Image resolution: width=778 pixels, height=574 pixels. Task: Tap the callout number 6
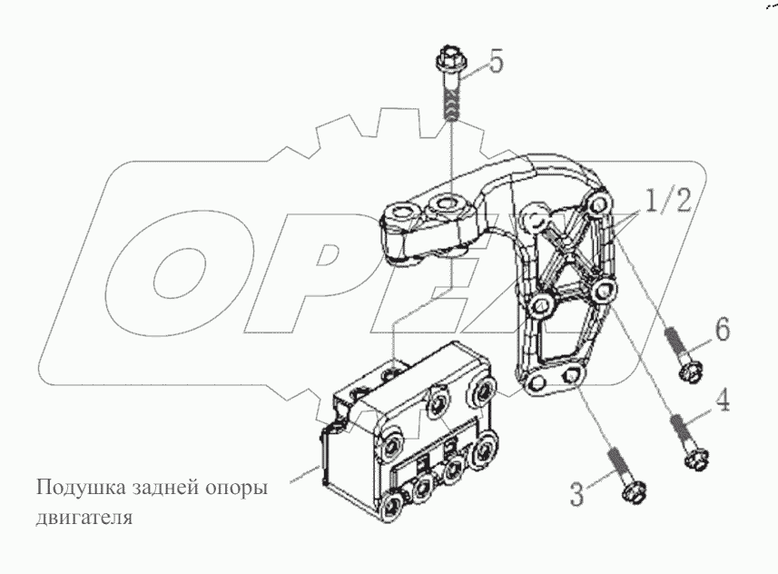(x=722, y=330)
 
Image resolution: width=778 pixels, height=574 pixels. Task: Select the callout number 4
(x=721, y=401)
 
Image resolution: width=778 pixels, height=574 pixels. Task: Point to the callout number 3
(x=576, y=493)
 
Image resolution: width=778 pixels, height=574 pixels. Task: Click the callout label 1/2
(x=667, y=201)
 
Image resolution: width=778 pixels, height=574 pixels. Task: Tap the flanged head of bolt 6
(x=690, y=371)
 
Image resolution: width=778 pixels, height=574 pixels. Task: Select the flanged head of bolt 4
(x=697, y=460)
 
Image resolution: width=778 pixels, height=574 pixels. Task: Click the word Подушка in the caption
(x=81, y=488)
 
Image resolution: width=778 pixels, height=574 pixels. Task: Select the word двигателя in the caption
(x=84, y=518)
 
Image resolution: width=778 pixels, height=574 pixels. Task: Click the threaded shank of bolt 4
(x=683, y=432)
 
